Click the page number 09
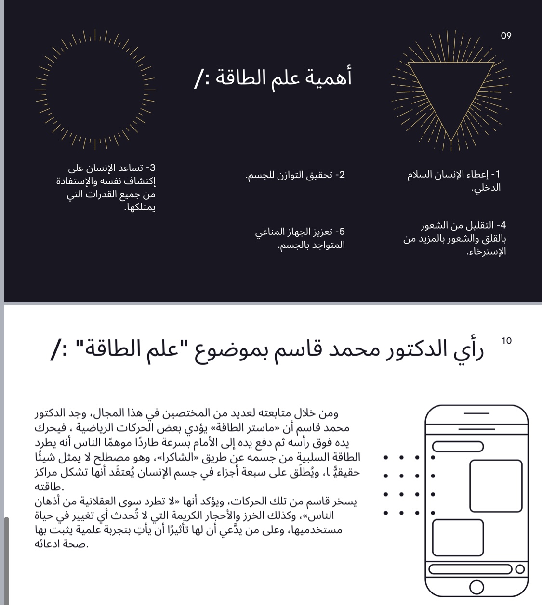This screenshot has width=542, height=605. [x=506, y=36]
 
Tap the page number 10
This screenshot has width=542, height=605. [x=506, y=341]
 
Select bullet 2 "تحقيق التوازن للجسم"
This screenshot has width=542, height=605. [x=295, y=175]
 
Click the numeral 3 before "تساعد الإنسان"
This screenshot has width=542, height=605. [x=152, y=168]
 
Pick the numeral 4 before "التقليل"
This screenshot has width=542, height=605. [x=503, y=225]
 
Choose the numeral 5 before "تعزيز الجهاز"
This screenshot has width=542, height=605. [x=342, y=232]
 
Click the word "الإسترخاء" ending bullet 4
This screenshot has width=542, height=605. [x=486, y=252]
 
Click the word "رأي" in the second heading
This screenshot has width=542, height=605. [x=467, y=350]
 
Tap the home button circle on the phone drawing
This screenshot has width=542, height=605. [x=476, y=587]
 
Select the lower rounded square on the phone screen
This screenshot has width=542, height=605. [x=458, y=538]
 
